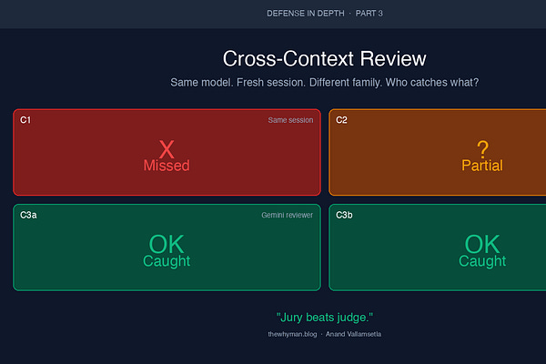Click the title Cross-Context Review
pyautogui.click(x=324, y=58)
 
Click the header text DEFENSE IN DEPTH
pyautogui.click(x=306, y=14)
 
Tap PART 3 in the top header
pyautogui.click(x=369, y=14)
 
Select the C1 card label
pyautogui.click(x=25, y=120)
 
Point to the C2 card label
pyautogui.click(x=341, y=120)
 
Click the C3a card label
pyautogui.click(x=28, y=215)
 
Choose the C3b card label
pyautogui.click(x=344, y=215)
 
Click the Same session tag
pyautogui.click(x=290, y=120)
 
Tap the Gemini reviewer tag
pyautogui.click(x=288, y=216)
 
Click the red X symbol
pyautogui.click(x=167, y=149)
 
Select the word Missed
pyautogui.click(x=167, y=166)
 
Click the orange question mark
pyautogui.click(x=482, y=149)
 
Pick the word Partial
pyautogui.click(x=482, y=166)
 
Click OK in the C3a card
pyautogui.click(x=167, y=244)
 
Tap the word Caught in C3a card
pyautogui.click(x=167, y=261)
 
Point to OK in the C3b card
pyautogui.click(x=482, y=244)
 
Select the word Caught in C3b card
pyautogui.click(x=482, y=261)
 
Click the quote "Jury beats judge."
pyautogui.click(x=325, y=318)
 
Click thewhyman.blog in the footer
pyautogui.click(x=292, y=334)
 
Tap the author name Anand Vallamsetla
pyautogui.click(x=353, y=334)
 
